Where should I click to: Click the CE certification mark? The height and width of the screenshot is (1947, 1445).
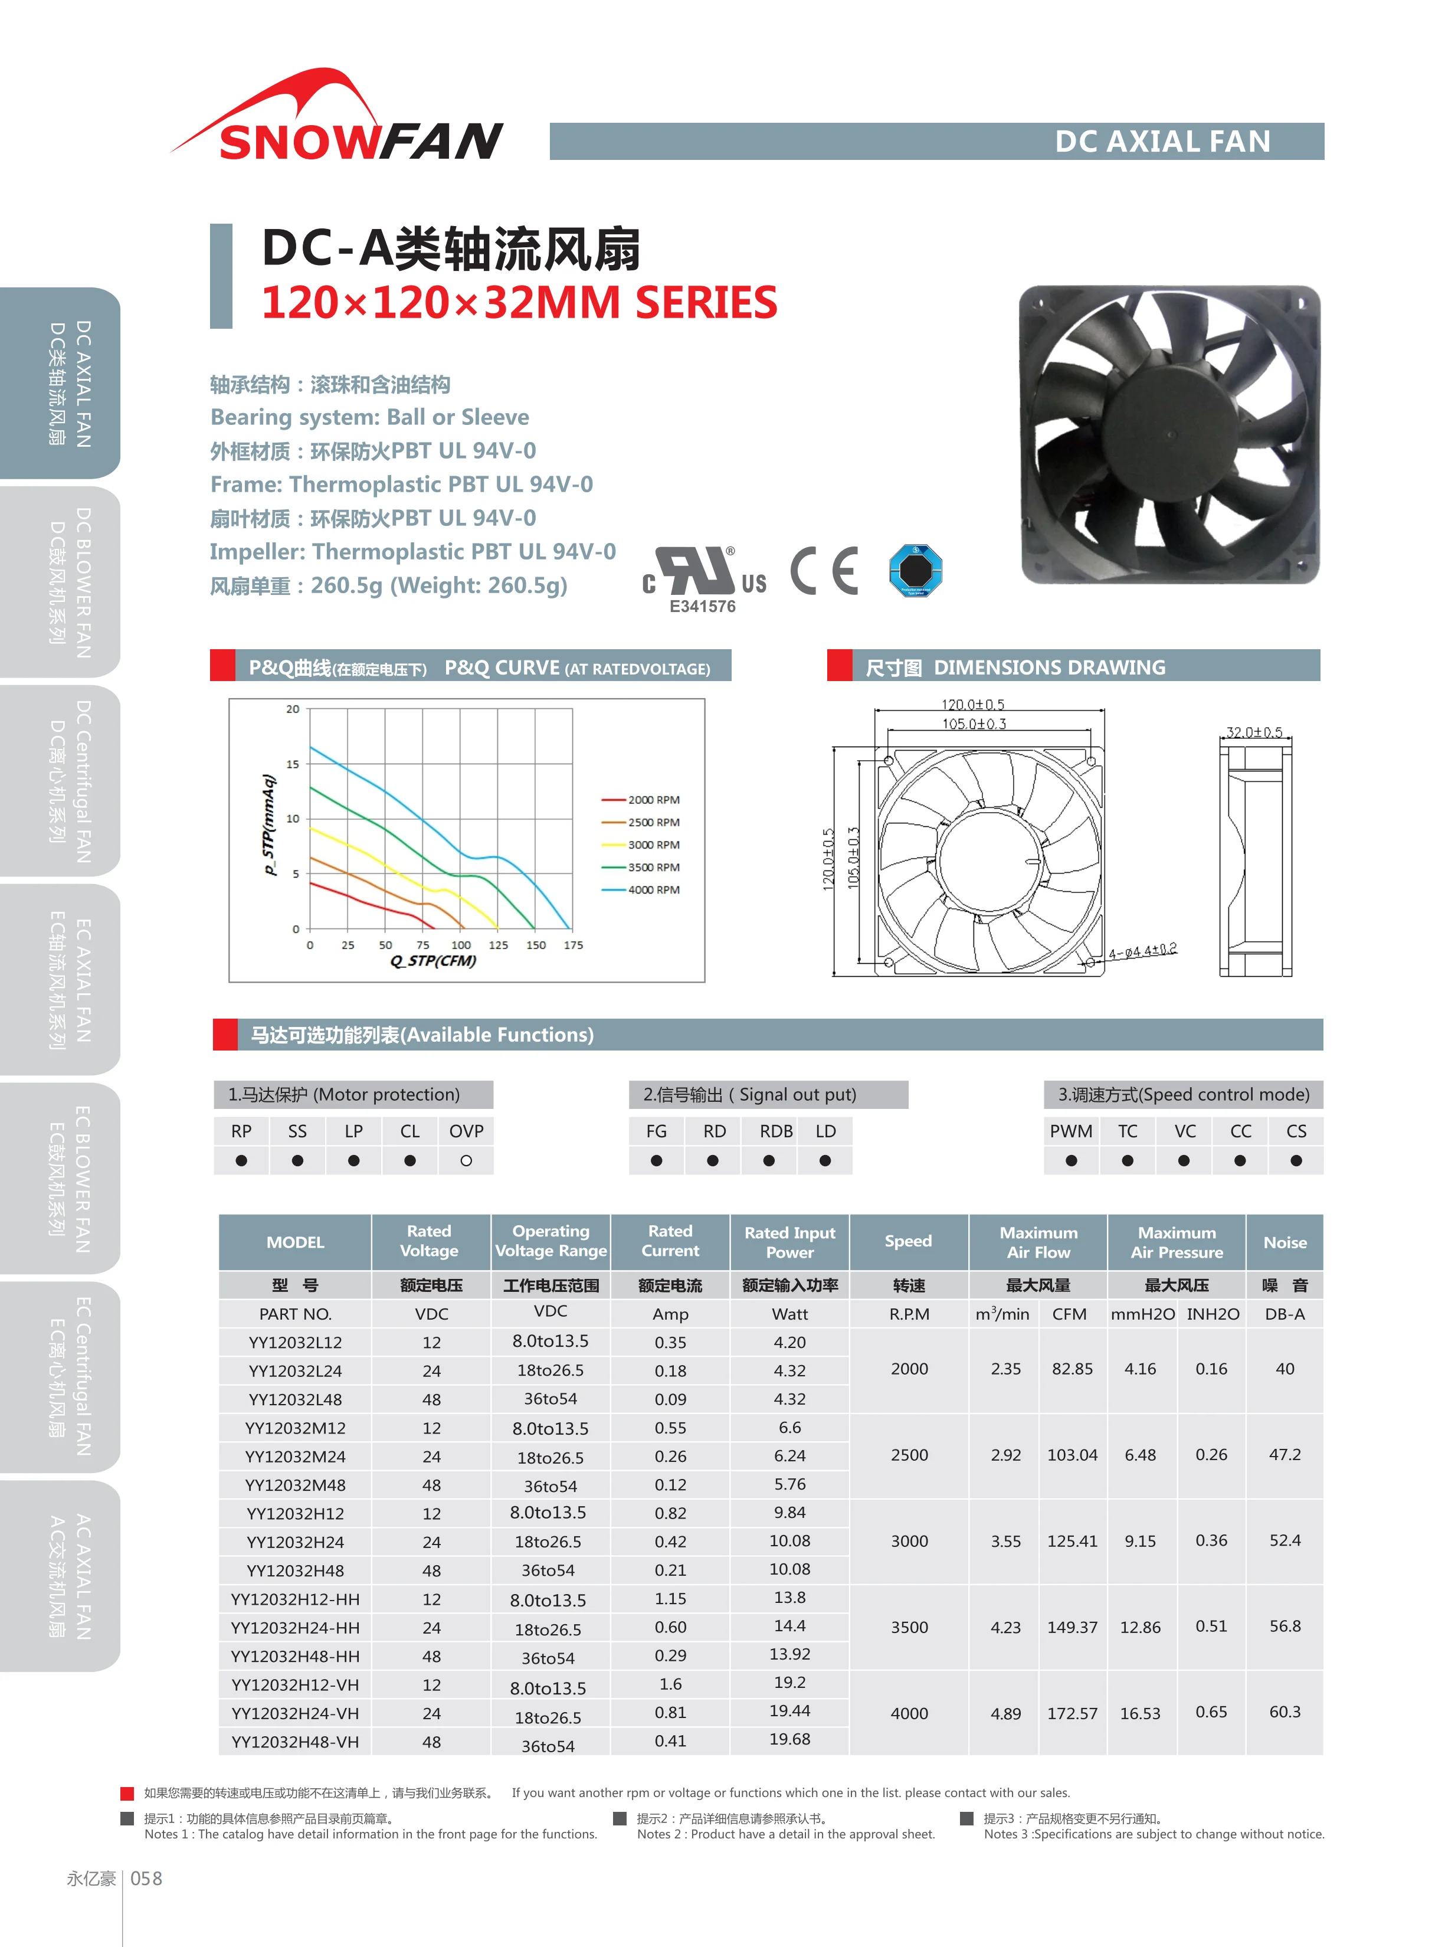click(x=823, y=571)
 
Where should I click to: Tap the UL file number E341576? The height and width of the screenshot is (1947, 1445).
click(x=702, y=606)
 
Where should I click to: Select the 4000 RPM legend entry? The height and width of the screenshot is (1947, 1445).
click(x=653, y=889)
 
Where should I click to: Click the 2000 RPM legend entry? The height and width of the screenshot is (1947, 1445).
click(x=653, y=800)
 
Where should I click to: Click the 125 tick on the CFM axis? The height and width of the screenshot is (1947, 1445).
click(x=498, y=945)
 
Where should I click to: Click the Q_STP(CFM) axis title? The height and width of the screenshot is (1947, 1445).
click(x=433, y=960)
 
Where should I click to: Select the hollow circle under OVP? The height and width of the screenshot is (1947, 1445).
click(x=466, y=1161)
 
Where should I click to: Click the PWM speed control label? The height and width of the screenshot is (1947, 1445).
click(x=1071, y=1131)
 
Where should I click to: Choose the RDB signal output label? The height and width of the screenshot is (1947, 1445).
click(x=776, y=1131)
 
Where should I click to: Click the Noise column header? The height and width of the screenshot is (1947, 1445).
click(x=1284, y=1242)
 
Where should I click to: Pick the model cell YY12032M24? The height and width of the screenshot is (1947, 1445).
click(x=295, y=1457)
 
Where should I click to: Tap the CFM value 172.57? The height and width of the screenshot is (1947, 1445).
click(x=1072, y=1713)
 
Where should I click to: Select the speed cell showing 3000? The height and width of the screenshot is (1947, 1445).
click(x=909, y=1541)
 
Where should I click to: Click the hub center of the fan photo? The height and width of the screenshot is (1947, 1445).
click(x=1169, y=435)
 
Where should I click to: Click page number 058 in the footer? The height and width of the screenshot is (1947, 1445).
click(x=146, y=1879)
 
